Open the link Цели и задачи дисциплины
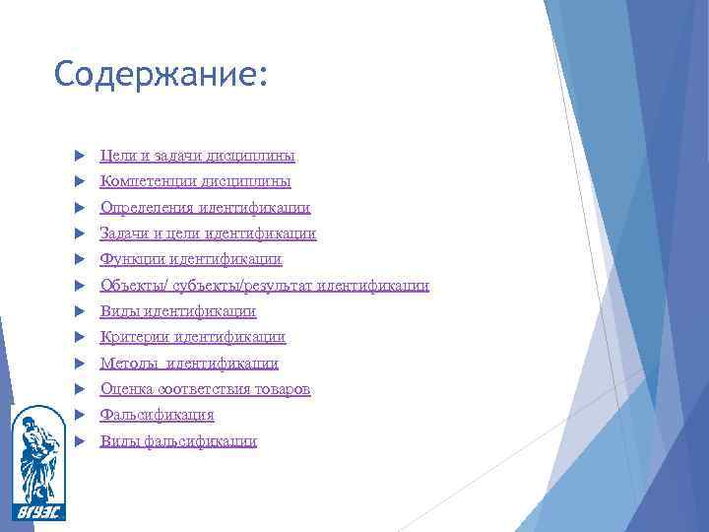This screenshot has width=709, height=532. coord(197,156)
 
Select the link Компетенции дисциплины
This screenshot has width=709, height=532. coord(195,181)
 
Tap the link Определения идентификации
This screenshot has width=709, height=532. coord(205,208)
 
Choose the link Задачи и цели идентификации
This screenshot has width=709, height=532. coord(208,233)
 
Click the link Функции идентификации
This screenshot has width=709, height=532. coord(191,259)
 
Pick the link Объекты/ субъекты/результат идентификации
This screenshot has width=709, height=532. coord(264,286)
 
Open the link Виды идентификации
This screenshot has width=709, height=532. coord(178,311)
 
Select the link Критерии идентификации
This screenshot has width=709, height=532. coord(193,337)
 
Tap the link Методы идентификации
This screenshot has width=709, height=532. coord(189,364)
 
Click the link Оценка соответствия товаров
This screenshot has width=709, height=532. coord(205,389)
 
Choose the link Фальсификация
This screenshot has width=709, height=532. coord(157,415)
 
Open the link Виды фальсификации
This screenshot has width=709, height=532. coord(178,441)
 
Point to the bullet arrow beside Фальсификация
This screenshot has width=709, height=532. coord(78,416)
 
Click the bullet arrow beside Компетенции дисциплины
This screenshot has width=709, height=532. coord(78,182)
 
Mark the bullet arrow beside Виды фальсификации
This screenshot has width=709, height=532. coord(78,441)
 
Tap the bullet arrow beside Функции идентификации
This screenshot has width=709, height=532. coord(78,260)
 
